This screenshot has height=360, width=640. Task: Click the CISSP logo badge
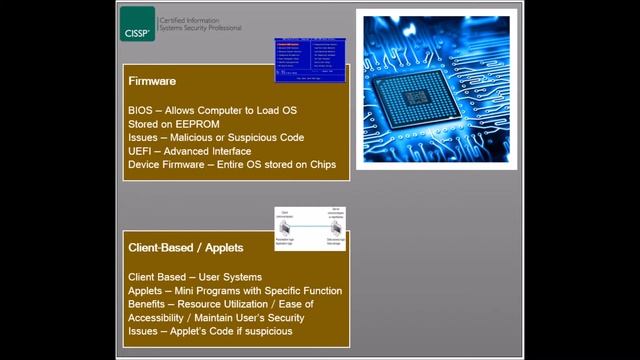tap(138, 24)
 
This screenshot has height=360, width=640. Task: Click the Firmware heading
tap(151, 81)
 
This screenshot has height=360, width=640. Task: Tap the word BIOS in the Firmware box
tap(141, 109)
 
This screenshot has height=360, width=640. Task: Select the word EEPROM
tap(200, 123)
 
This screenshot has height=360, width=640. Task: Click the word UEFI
tap(141, 151)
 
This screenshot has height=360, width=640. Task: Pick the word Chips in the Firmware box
tap(321, 165)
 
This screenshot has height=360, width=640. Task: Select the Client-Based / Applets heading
tap(186, 247)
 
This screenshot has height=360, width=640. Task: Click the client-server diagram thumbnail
tap(311, 228)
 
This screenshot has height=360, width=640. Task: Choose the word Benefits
tap(149, 304)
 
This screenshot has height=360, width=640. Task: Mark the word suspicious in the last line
tap(265, 331)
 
